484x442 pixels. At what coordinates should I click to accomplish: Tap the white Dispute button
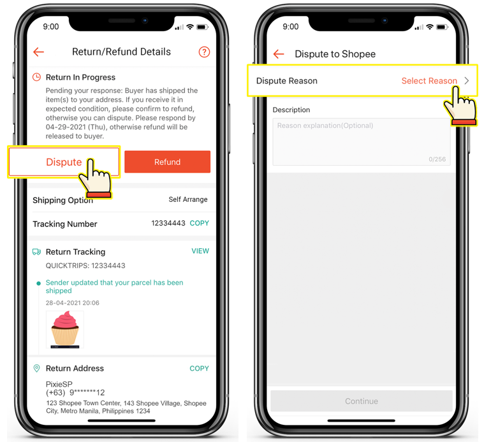(64, 162)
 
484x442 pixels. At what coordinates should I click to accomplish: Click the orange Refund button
(167, 162)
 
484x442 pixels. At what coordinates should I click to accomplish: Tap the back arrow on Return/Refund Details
(39, 52)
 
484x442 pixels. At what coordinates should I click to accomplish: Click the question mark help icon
(204, 52)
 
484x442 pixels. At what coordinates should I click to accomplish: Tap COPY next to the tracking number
(199, 223)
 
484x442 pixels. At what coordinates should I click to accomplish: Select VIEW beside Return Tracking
(200, 251)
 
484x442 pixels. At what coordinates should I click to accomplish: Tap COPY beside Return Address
(199, 369)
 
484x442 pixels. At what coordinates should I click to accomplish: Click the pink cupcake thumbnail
(65, 329)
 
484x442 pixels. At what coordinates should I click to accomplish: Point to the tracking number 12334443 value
(168, 223)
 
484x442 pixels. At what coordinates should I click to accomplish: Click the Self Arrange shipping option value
(188, 200)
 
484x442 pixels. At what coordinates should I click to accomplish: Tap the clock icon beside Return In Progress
(37, 77)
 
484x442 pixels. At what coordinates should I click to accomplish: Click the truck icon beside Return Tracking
(37, 252)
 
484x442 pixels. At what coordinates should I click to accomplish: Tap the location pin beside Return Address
(37, 368)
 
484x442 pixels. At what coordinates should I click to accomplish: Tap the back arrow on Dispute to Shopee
(279, 54)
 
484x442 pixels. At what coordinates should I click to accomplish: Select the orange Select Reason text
(429, 81)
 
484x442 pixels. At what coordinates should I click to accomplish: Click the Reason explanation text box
(362, 142)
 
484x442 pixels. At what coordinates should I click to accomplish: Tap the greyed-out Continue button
(362, 401)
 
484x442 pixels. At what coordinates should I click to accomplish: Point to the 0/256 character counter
(437, 159)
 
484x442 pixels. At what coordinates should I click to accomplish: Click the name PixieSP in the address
(59, 384)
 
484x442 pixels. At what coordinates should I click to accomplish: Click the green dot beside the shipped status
(39, 283)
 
